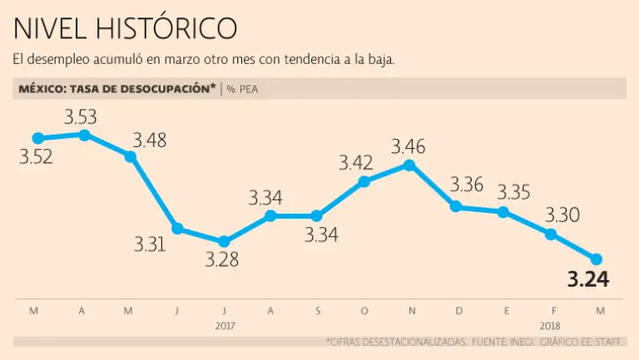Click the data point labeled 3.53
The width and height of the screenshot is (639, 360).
tap(83, 134)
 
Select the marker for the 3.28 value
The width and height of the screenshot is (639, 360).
tap(223, 241)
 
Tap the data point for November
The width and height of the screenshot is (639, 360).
tap(409, 165)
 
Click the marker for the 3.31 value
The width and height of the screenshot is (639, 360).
tap(176, 229)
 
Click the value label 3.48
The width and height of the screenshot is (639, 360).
tap(150, 140)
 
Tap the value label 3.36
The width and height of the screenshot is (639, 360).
tap(466, 185)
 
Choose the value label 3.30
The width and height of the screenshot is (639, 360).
tap(562, 215)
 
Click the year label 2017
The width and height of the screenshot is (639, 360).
tap(224, 325)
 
